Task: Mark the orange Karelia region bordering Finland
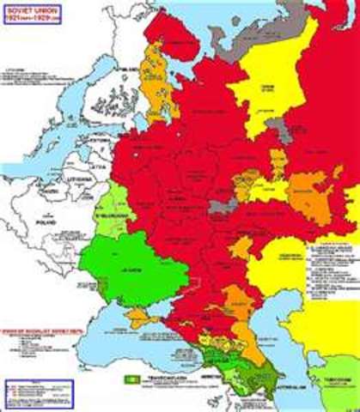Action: tap(155, 86)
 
